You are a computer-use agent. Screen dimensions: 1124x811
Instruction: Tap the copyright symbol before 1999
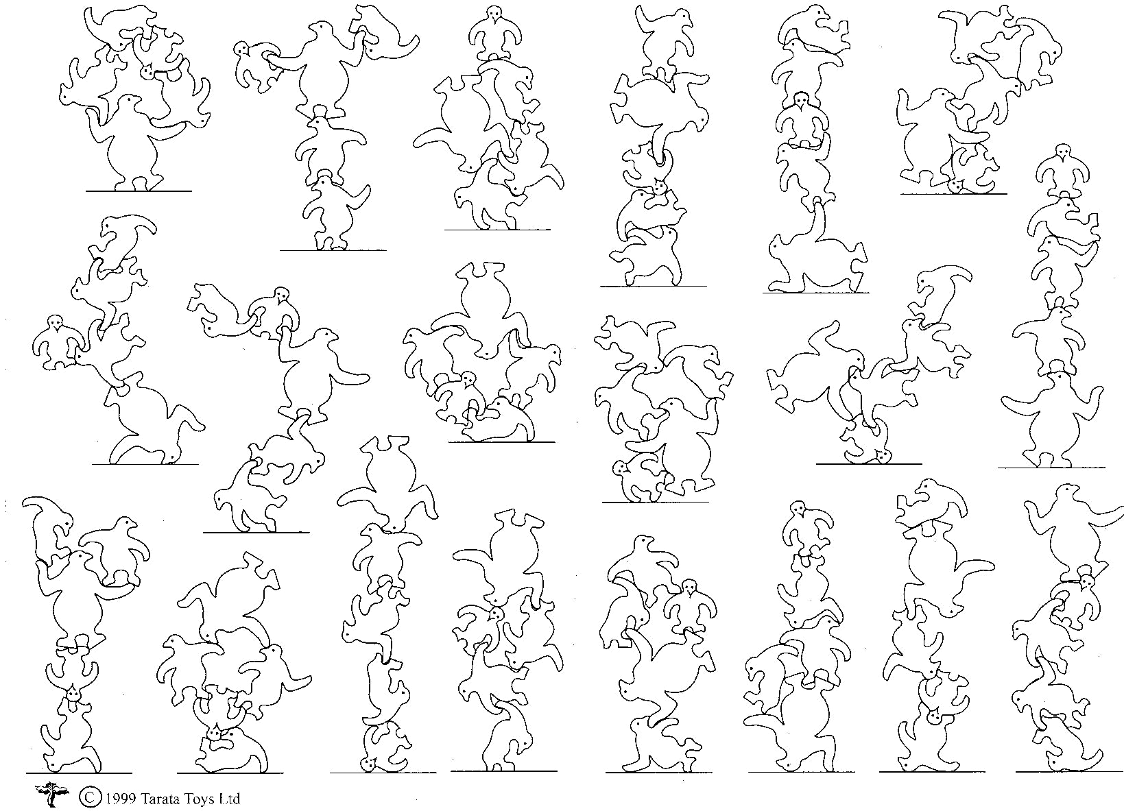89,797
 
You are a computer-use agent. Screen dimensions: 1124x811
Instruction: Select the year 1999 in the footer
120,798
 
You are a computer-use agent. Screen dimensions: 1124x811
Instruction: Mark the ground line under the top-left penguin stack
139,191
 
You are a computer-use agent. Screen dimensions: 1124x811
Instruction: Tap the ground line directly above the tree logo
80,773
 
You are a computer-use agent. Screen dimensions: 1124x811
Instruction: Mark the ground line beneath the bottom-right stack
1069,771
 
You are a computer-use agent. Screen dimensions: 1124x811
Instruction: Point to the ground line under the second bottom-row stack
230,773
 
